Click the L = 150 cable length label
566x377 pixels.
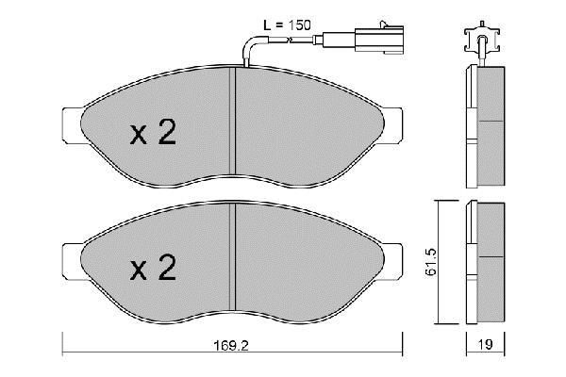point(287,25)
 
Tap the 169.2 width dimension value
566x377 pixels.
point(231,346)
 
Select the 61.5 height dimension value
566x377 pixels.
point(431,262)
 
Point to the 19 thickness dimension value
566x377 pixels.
point(486,345)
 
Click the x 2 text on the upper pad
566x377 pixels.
point(154,132)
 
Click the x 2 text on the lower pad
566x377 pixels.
point(154,268)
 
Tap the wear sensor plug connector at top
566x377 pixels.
point(379,39)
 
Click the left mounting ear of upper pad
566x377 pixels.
point(73,125)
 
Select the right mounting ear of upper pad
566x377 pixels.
point(392,125)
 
